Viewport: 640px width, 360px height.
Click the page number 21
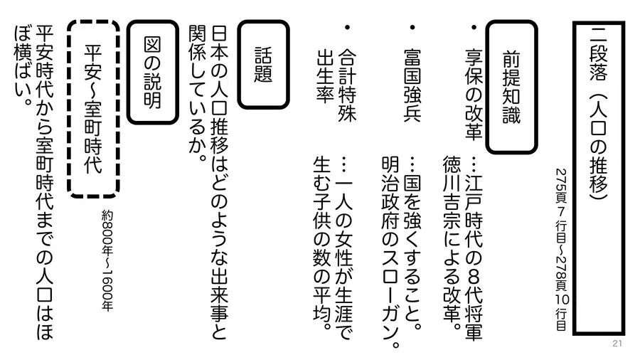pos(617,344)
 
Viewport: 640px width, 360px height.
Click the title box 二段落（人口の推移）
pos(598,178)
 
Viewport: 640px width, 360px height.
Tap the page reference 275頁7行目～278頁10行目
pos(562,250)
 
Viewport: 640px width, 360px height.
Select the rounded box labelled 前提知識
pos(511,87)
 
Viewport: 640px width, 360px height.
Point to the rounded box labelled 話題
pos(263,65)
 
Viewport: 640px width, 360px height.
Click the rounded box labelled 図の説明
pos(153,72)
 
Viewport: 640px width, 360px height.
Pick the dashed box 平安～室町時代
pos(93,109)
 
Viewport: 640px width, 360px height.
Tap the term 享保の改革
pos(474,95)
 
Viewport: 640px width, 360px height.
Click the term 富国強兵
pos(412,85)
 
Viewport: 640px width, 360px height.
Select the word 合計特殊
pos(347,85)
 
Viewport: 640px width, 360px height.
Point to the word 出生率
pos(325,76)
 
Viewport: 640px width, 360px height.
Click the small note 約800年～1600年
pos(107,261)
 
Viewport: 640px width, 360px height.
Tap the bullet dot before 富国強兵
pos(412,27)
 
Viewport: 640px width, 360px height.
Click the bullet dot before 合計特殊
pos(347,27)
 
